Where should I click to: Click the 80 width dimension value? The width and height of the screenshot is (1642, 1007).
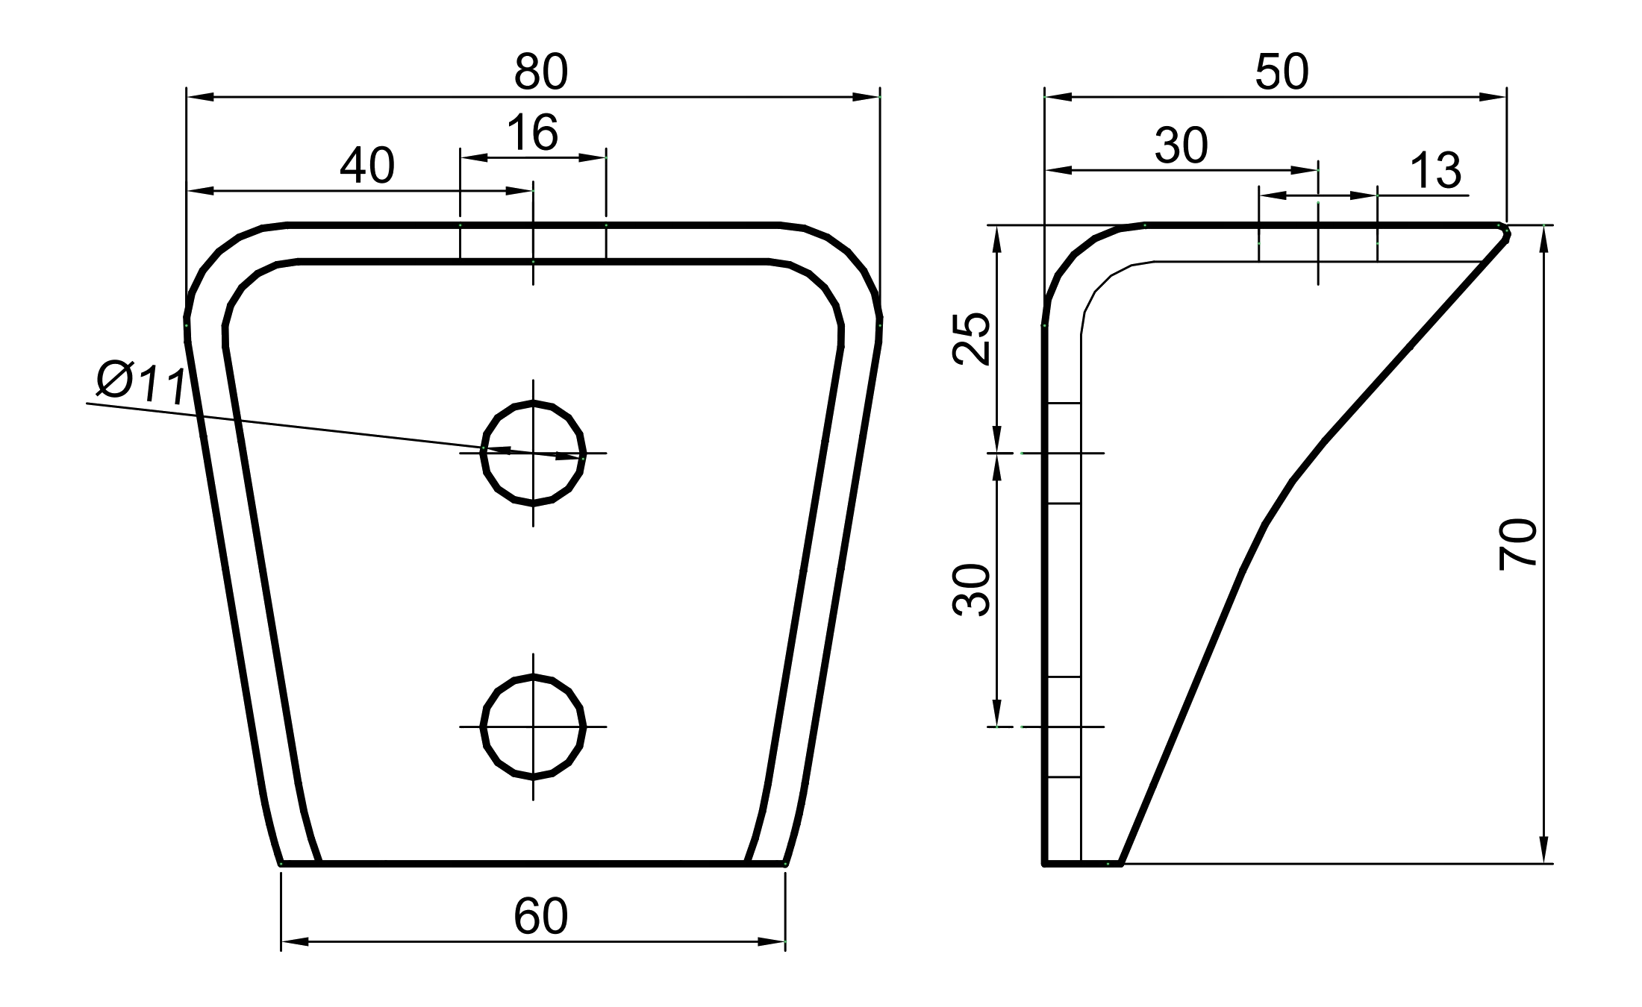541,72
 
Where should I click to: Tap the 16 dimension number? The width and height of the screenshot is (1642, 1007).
532,133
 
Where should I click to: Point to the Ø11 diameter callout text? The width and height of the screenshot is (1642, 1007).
141,383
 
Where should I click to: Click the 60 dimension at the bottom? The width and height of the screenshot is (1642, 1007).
541,916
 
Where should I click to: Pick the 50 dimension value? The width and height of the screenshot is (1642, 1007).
1282,72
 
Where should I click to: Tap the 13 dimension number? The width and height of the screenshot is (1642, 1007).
1435,171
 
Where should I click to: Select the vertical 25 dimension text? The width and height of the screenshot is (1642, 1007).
972,339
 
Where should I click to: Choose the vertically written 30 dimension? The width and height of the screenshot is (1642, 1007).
972,590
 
